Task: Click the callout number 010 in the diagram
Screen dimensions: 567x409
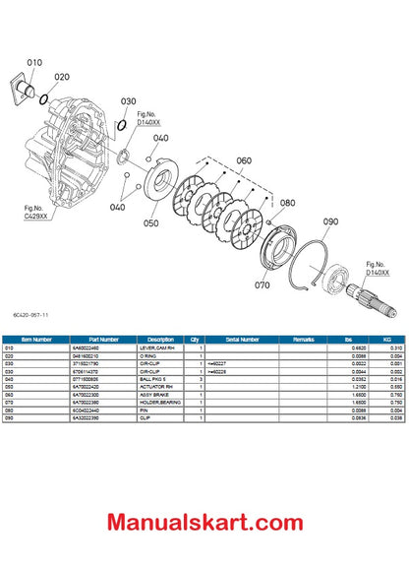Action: [34, 62]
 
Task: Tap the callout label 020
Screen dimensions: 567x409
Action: [61, 76]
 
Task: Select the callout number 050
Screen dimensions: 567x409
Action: [150, 223]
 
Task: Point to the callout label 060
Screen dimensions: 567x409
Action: [244, 160]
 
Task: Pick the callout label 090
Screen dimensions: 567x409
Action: [330, 221]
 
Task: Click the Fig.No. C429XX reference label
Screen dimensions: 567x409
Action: [35, 212]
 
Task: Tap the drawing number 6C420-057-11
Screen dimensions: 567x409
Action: [29, 315]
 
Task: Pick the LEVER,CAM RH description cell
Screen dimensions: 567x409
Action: [161, 347]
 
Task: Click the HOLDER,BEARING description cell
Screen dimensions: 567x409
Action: [161, 403]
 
